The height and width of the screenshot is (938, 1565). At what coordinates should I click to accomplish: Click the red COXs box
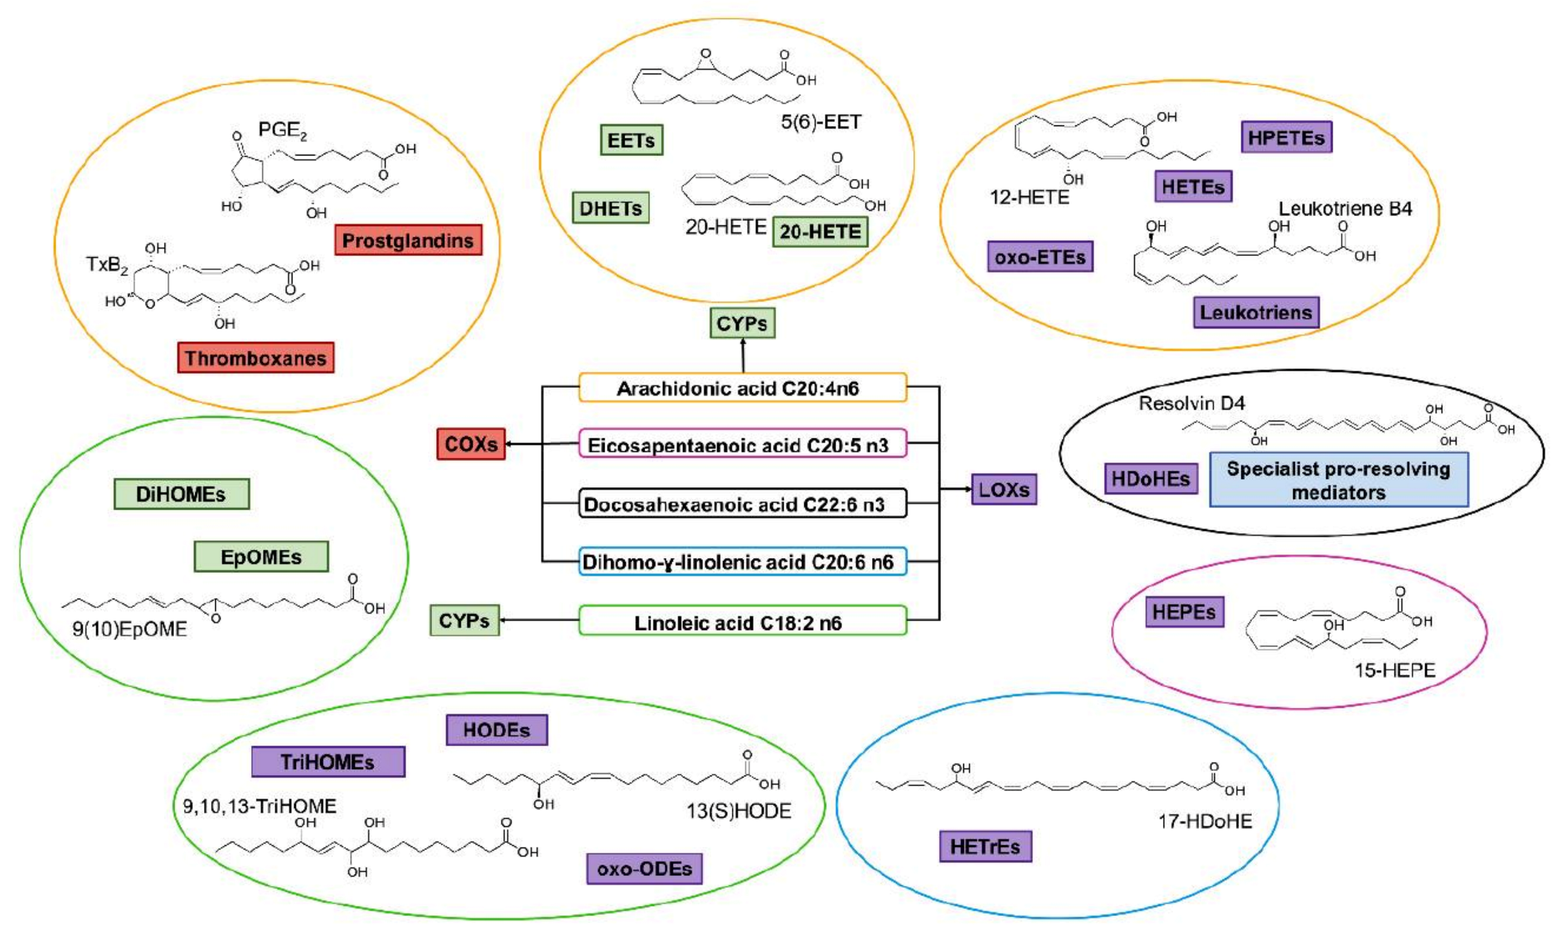tap(471, 444)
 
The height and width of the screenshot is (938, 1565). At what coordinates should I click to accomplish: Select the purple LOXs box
tap(1004, 490)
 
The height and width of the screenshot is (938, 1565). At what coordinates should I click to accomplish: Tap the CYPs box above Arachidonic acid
tap(742, 324)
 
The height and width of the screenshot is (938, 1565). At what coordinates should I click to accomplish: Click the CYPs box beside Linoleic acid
tap(464, 621)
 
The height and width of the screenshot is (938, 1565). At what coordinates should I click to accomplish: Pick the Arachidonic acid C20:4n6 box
tap(742, 388)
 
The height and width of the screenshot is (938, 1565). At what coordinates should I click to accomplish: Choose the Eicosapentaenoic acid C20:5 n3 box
tap(742, 445)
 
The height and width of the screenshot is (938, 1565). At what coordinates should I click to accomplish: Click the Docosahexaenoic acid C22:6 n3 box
tap(742, 504)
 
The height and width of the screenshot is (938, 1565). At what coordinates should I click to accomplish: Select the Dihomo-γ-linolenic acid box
tap(742, 562)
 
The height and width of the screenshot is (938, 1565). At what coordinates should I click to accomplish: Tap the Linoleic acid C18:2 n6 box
tap(742, 622)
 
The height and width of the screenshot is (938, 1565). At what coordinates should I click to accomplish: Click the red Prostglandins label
tap(408, 240)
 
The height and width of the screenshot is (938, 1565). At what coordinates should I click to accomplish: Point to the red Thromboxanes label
tap(255, 358)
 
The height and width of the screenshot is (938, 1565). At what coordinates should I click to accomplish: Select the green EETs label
tap(631, 140)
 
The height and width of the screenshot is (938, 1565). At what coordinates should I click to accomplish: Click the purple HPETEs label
tap(1286, 138)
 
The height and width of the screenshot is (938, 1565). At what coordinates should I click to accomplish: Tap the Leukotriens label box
tap(1256, 312)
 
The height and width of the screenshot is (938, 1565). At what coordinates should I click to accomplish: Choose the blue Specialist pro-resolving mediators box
tap(1338, 480)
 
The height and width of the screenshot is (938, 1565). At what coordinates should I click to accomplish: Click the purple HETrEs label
tap(985, 847)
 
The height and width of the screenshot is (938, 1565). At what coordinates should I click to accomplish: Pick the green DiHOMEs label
tap(181, 494)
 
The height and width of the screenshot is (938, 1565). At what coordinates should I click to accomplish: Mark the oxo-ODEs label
tap(644, 869)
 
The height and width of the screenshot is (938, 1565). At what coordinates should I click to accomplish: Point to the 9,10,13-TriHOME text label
tap(260, 806)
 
